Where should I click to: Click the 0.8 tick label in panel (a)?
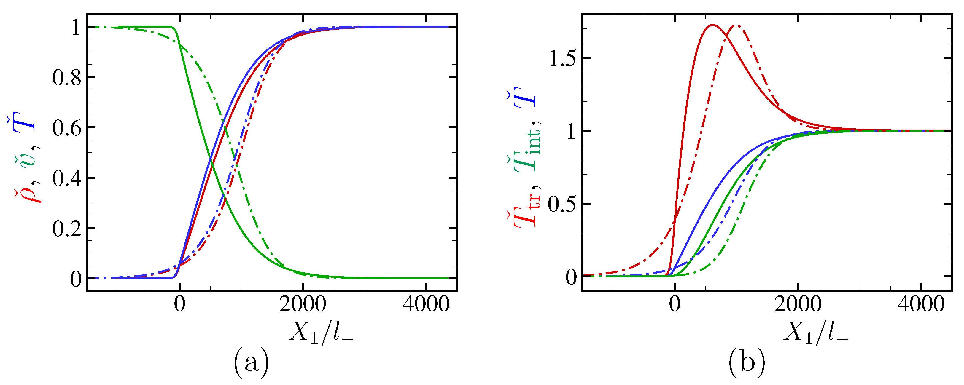(67, 78)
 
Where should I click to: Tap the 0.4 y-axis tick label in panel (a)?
(67, 178)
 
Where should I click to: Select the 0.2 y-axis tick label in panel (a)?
(67, 229)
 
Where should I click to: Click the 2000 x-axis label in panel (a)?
(302, 304)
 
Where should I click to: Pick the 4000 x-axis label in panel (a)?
(426, 304)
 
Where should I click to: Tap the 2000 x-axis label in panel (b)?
(798, 304)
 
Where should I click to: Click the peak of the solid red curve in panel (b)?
(712, 25)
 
